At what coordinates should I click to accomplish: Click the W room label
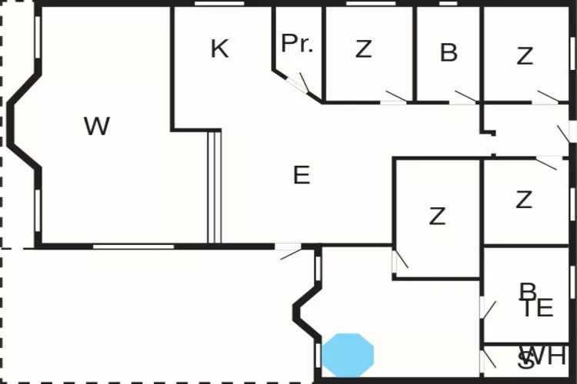pyautogui.click(x=97, y=126)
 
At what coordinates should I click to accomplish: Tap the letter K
pyautogui.click(x=219, y=49)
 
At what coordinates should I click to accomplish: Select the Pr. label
pyautogui.click(x=298, y=44)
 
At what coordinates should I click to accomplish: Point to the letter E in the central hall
pyautogui.click(x=302, y=176)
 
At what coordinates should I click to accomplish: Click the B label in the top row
pyautogui.click(x=449, y=53)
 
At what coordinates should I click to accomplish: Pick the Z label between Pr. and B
pyautogui.click(x=364, y=50)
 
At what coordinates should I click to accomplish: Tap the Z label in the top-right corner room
pyautogui.click(x=525, y=56)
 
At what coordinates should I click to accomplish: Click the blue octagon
pyautogui.click(x=348, y=355)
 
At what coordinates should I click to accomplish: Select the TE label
pyautogui.click(x=538, y=308)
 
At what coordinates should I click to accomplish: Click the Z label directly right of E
pyautogui.click(x=437, y=217)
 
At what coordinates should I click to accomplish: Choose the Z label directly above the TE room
pyautogui.click(x=524, y=200)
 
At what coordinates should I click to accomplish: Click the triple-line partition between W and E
pyautogui.click(x=215, y=187)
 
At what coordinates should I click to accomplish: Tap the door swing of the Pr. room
pyautogui.click(x=304, y=84)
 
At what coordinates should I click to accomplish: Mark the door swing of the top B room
pyautogui.click(x=464, y=97)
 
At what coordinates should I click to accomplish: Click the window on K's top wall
pyautogui.click(x=215, y=4)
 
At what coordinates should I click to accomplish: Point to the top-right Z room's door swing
pyautogui.click(x=547, y=97)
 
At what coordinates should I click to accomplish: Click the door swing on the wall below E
pyautogui.click(x=290, y=250)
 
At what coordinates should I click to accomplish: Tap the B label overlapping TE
pyautogui.click(x=528, y=292)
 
